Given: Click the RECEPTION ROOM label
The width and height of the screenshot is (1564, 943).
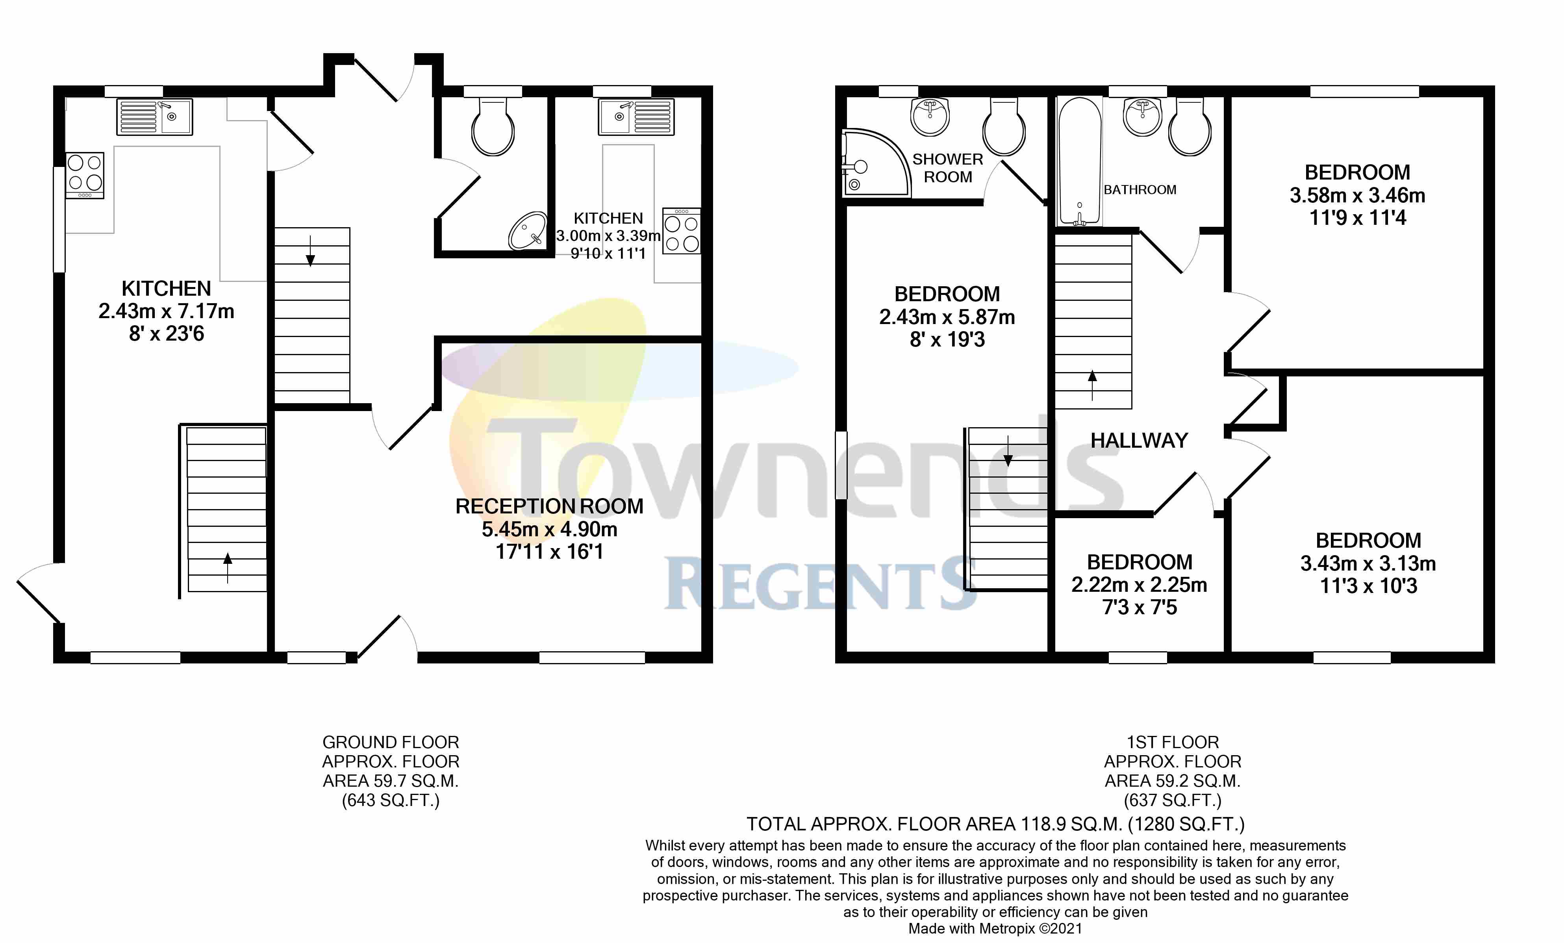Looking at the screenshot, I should click(x=549, y=506).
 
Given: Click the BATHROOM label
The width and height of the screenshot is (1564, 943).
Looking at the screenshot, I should click(x=1140, y=190).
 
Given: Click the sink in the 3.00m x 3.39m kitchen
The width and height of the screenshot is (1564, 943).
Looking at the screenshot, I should click(x=636, y=117).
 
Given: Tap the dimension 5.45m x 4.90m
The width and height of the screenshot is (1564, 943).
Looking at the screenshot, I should click(x=549, y=529).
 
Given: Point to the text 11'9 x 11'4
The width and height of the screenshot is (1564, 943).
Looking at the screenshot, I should click(x=1357, y=218).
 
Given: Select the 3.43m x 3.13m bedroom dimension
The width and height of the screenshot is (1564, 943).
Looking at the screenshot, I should click(x=1368, y=563).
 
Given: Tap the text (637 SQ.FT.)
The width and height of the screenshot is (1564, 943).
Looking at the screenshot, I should click(x=1172, y=800).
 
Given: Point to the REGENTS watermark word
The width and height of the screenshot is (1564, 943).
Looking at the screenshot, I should click(x=819, y=584).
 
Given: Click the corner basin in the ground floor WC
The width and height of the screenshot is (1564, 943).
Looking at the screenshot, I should click(x=528, y=231).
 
